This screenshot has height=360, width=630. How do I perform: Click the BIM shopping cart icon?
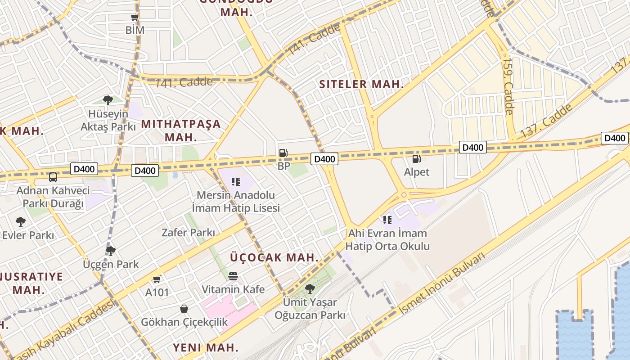135,18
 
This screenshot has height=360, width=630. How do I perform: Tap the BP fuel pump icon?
283,153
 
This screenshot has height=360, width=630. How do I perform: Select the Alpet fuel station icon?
416,159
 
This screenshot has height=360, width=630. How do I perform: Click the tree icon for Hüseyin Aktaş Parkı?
108,100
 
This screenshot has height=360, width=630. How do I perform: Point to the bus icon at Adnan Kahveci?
53,177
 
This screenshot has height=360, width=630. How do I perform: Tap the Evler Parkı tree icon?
20,221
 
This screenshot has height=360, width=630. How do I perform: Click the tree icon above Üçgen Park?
111,251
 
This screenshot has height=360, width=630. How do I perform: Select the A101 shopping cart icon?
157,279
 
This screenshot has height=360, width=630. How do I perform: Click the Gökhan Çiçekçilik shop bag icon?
184,309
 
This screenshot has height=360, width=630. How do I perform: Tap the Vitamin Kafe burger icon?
233,276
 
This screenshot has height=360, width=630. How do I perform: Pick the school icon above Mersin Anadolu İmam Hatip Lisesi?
236,182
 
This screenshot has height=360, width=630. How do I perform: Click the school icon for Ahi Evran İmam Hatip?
387,220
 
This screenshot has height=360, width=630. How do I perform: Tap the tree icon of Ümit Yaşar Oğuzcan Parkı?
310,288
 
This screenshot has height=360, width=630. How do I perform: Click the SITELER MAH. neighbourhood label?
361,84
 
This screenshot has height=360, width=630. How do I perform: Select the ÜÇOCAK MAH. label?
274,258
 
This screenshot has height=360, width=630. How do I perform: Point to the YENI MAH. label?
206,347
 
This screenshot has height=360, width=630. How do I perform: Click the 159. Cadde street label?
508,85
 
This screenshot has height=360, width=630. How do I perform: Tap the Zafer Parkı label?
188,233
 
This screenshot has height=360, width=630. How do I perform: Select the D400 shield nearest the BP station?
324,159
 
